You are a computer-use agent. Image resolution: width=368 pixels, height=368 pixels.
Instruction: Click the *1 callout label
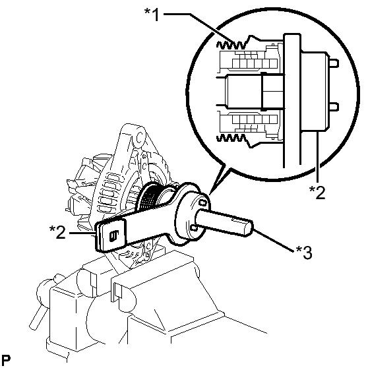[152, 15]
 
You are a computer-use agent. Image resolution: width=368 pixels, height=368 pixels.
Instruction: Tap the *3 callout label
[304, 253]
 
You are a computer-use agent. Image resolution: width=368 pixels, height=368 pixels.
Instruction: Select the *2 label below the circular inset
[317, 192]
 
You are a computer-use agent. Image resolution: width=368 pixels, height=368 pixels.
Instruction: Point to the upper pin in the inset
[334, 63]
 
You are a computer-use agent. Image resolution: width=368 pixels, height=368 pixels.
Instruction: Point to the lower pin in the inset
[334, 107]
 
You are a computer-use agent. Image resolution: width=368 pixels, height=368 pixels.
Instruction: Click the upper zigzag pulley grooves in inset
[231, 45]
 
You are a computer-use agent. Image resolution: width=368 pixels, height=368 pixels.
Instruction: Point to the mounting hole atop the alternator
[140, 137]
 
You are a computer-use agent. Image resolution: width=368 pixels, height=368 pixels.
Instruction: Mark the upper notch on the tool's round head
[203, 202]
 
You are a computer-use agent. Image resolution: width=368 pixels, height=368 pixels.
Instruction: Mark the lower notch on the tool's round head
[194, 228]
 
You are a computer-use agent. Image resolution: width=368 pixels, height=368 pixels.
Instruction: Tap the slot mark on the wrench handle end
[114, 235]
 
